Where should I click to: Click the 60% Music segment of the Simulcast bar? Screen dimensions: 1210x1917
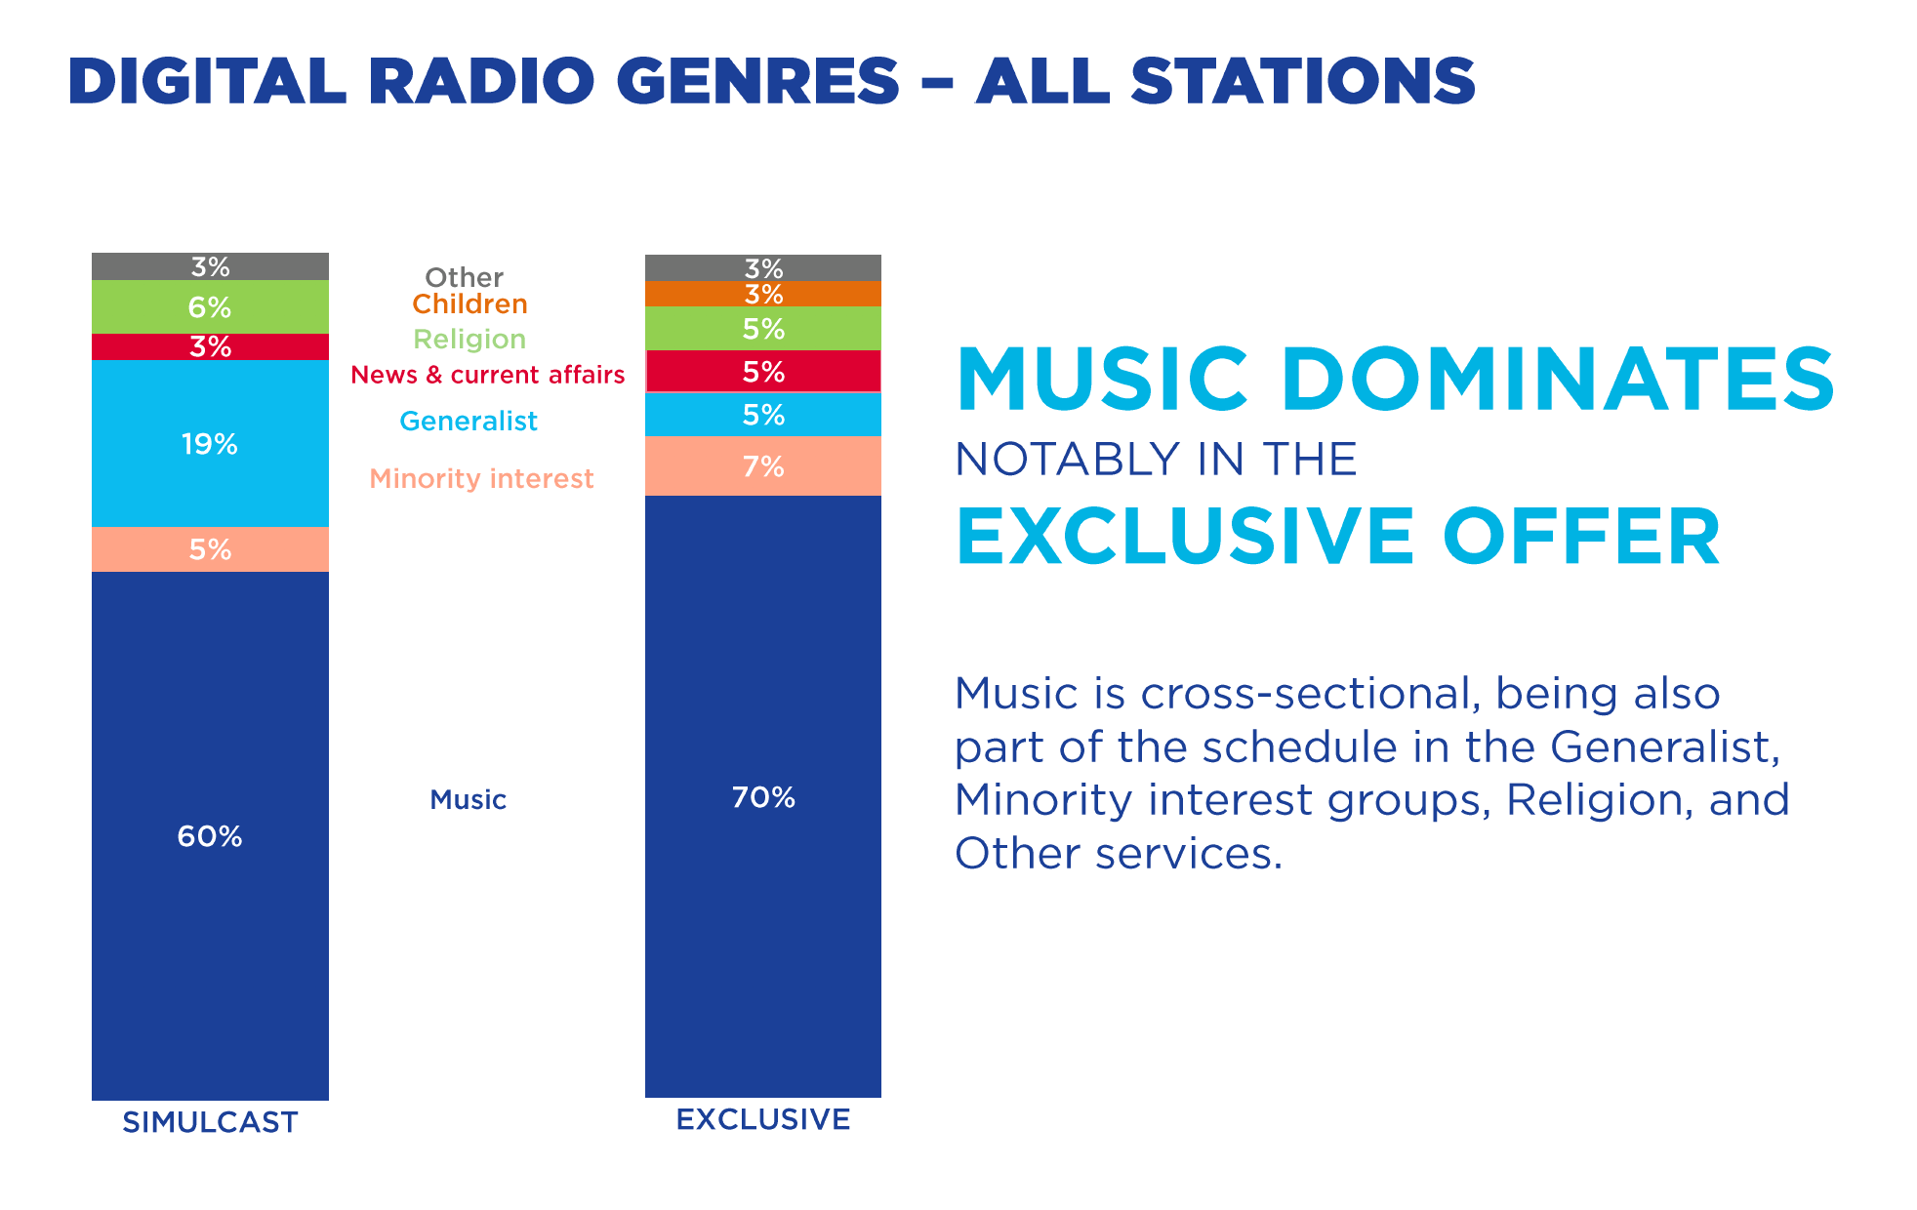(x=210, y=835)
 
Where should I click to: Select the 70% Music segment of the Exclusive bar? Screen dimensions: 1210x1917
(x=762, y=796)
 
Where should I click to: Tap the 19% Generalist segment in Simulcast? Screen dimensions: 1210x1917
(x=210, y=444)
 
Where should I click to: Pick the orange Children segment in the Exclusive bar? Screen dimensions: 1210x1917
(x=762, y=294)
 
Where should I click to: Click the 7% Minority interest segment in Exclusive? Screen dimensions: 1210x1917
(x=762, y=466)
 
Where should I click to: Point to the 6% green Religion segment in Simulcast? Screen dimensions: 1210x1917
(x=210, y=307)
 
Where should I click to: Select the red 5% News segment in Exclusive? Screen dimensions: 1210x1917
(x=762, y=372)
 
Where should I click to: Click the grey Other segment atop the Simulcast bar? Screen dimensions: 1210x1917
(x=210, y=266)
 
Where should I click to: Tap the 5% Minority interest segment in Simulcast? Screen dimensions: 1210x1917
(x=210, y=549)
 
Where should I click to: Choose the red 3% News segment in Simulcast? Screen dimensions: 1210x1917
(x=210, y=346)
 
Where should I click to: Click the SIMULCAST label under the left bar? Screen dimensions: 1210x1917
(x=210, y=1122)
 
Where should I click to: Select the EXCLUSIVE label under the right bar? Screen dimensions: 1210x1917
(x=762, y=1119)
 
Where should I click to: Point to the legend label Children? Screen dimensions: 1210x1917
(x=469, y=304)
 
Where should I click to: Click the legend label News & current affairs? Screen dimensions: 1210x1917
(x=487, y=375)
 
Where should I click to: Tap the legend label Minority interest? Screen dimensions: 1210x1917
(x=481, y=479)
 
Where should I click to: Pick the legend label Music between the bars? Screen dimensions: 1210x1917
(x=468, y=800)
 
